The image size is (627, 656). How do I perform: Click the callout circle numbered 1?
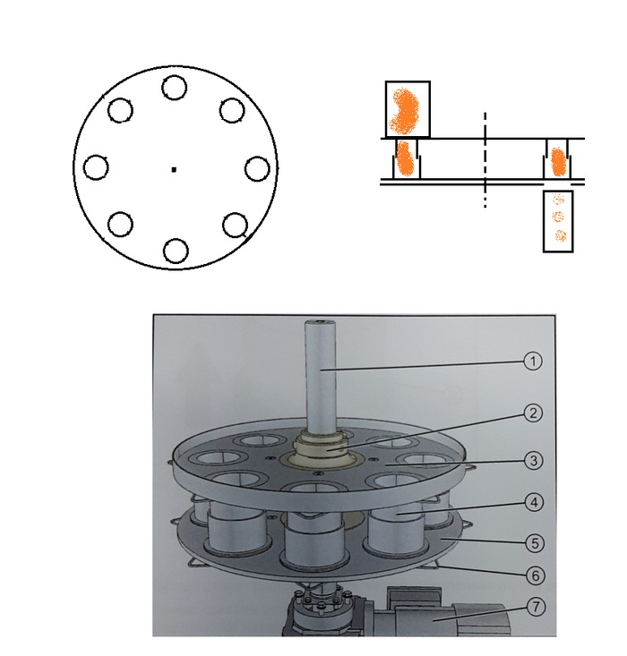(533, 361)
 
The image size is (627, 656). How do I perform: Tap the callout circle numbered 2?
(533, 413)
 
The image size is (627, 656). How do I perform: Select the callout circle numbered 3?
(534, 461)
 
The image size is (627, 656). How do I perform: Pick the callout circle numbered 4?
(534, 502)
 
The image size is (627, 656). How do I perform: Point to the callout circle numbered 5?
(535, 543)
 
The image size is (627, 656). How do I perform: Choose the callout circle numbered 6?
(536, 575)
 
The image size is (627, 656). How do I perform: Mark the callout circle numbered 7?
(537, 607)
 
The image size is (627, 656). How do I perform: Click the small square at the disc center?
(174, 169)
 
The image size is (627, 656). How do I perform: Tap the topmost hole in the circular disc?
(175, 88)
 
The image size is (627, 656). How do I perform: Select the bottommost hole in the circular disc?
(176, 251)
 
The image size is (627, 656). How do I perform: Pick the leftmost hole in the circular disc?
(96, 167)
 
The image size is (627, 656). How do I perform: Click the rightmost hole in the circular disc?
(257, 169)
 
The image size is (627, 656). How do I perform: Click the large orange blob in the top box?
(404, 110)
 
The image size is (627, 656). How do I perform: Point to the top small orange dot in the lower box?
(558, 200)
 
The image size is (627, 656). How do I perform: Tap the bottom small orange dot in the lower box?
(561, 235)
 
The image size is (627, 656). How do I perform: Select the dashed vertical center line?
(485, 160)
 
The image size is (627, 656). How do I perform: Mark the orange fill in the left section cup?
(405, 158)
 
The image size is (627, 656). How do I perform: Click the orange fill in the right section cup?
(558, 162)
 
